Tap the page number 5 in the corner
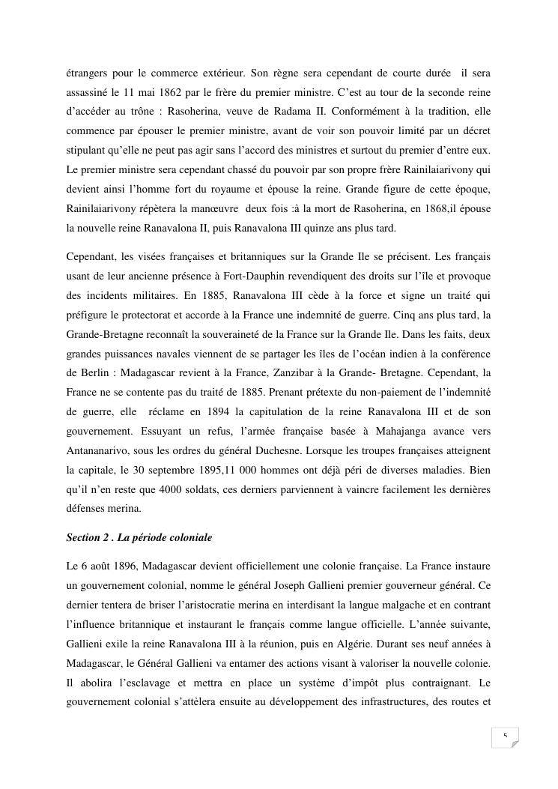coord(505,736)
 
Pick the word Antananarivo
coord(100,450)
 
